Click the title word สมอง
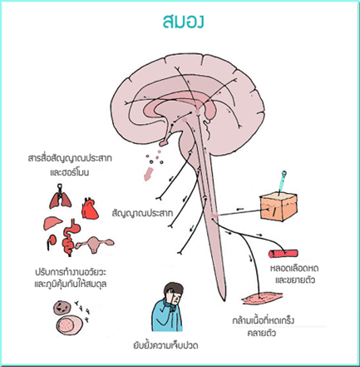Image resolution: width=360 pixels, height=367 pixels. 184,22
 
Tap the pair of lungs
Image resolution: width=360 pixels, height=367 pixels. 60,196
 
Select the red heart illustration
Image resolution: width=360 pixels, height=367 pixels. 90,208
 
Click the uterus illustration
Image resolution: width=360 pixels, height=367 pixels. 95,245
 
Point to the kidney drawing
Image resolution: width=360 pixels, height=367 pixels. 51,241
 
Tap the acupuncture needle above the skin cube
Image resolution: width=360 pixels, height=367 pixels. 283,181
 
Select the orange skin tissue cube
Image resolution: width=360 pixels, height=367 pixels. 279,206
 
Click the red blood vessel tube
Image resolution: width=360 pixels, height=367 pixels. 284,254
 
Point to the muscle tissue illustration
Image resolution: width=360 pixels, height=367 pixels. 262,298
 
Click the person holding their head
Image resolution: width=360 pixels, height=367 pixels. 168,307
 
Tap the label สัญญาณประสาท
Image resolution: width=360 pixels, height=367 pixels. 142,213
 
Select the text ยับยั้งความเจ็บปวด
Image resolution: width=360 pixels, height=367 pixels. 165,345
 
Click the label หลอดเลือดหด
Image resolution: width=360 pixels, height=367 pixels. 294,268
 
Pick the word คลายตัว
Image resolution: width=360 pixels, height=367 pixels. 262,333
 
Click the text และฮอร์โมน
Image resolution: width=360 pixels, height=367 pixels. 70,172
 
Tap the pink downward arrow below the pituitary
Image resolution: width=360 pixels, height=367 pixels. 148,174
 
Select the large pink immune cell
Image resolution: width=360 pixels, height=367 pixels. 70,325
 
